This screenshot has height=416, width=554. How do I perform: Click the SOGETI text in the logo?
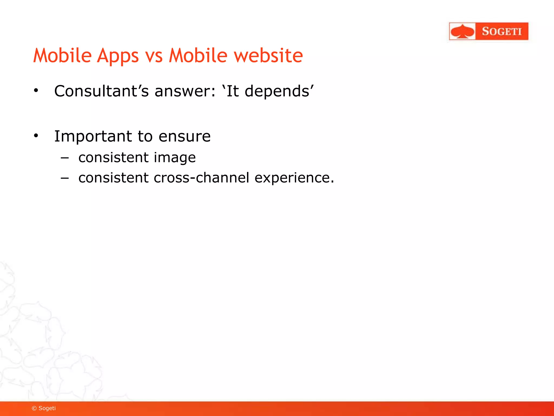click(502, 31)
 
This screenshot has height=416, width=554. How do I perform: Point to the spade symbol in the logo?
click(463, 31)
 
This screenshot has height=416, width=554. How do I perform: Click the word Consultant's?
click(101, 91)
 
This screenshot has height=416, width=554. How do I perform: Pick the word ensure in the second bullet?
click(184, 136)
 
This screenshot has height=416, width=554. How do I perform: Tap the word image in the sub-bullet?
click(174, 158)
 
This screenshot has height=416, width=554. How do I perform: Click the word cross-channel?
click(201, 178)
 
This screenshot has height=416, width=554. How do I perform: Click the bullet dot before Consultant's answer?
click(36, 90)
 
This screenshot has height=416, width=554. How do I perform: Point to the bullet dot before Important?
click(36, 135)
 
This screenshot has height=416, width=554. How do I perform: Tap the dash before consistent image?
click(65, 158)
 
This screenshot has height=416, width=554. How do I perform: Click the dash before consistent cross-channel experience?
click(65, 178)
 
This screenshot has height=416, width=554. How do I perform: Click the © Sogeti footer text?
click(44, 408)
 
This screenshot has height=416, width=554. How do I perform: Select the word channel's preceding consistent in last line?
click(113, 178)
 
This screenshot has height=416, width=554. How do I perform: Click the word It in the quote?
click(233, 91)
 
